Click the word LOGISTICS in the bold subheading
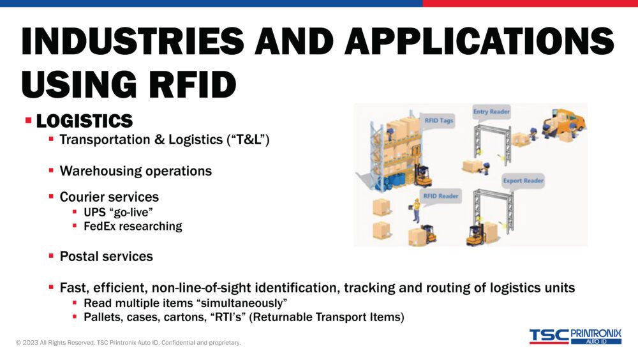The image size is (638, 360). point(84,121)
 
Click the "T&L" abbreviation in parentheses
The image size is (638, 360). point(248,140)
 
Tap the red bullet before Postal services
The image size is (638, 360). point(51,256)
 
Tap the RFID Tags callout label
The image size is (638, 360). point(438,120)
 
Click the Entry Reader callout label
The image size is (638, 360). point(491,112)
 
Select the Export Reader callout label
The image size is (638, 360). point(523,181)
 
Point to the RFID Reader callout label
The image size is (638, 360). point(441,196)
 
